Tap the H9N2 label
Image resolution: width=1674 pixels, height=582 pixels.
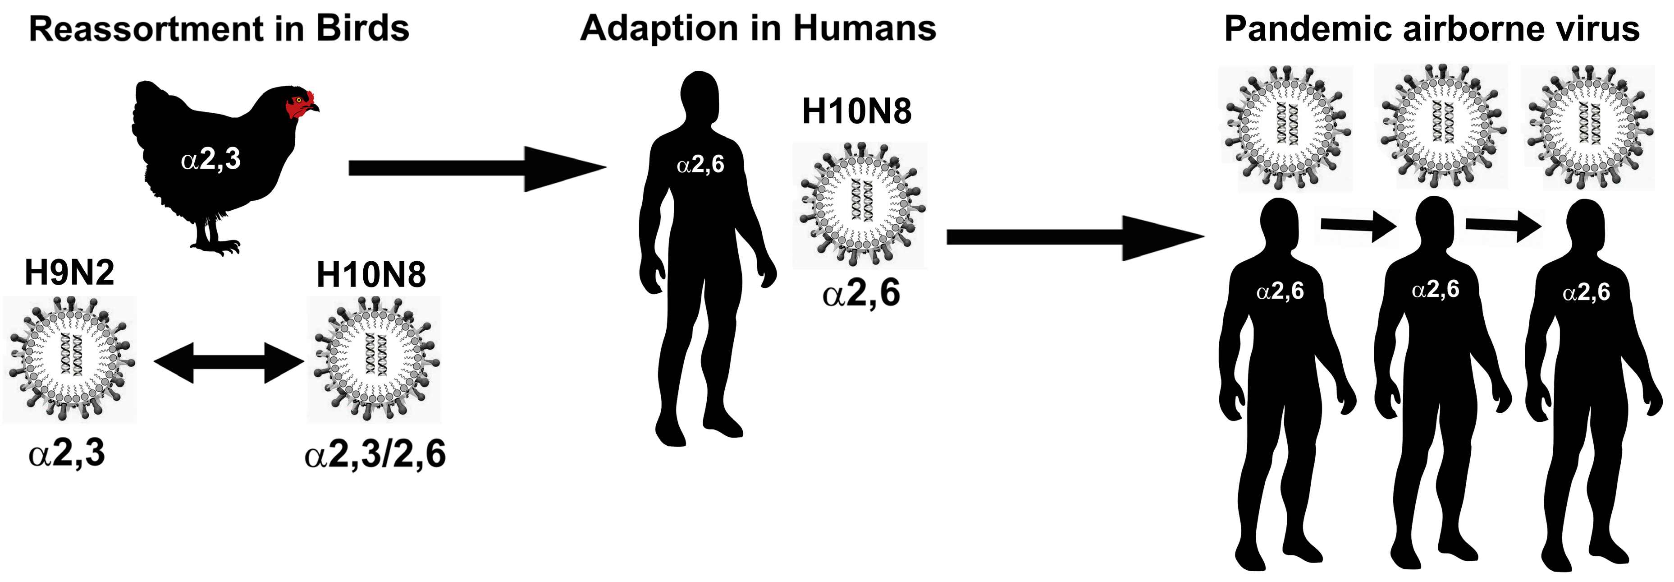pos(69,273)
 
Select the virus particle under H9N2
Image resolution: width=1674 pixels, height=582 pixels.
pos(69,360)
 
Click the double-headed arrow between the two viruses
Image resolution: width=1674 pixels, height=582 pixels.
pos(229,362)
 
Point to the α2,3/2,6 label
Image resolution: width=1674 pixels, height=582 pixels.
pos(375,454)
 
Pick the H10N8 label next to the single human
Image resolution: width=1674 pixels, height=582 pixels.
pos(856,111)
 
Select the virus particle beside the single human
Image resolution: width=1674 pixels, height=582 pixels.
pos(860,205)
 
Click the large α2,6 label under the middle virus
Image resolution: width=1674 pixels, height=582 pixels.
pos(861,293)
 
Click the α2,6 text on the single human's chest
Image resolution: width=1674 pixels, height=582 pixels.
pos(700,165)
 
